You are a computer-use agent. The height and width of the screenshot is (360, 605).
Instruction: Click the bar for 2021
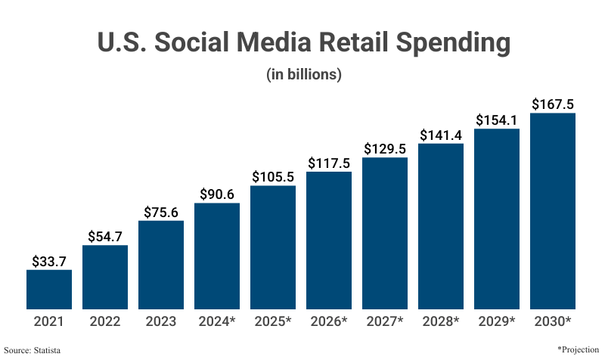coord(49,290)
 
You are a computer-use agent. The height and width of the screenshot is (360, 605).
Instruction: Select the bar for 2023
coord(161,265)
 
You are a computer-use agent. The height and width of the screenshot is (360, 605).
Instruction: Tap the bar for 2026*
coord(329,241)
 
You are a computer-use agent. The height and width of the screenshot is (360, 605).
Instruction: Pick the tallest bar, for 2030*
coord(553,211)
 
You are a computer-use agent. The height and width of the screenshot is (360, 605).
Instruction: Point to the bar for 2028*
coord(441,226)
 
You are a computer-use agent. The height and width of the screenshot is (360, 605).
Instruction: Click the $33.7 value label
coord(49,261)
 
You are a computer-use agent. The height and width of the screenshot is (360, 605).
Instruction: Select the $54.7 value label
coord(105,237)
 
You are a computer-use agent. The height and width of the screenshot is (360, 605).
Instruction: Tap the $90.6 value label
coord(217,194)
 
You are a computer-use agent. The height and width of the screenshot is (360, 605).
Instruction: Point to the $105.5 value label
coord(273,176)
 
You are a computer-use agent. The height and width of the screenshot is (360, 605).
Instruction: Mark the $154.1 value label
coord(497,120)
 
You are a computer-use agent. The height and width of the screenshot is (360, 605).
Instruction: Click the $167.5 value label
coord(553,104)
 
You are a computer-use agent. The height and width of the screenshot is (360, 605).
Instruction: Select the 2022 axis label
coord(105,321)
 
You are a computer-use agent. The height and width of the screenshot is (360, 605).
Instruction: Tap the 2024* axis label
coord(217,321)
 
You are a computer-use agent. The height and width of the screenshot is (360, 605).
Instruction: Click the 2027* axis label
coord(385,321)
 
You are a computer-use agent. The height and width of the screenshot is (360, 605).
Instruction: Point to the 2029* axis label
coord(497,321)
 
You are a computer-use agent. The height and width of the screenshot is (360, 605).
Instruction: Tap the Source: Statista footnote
coord(33,350)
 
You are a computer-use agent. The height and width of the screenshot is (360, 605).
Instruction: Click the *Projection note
coord(578,349)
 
